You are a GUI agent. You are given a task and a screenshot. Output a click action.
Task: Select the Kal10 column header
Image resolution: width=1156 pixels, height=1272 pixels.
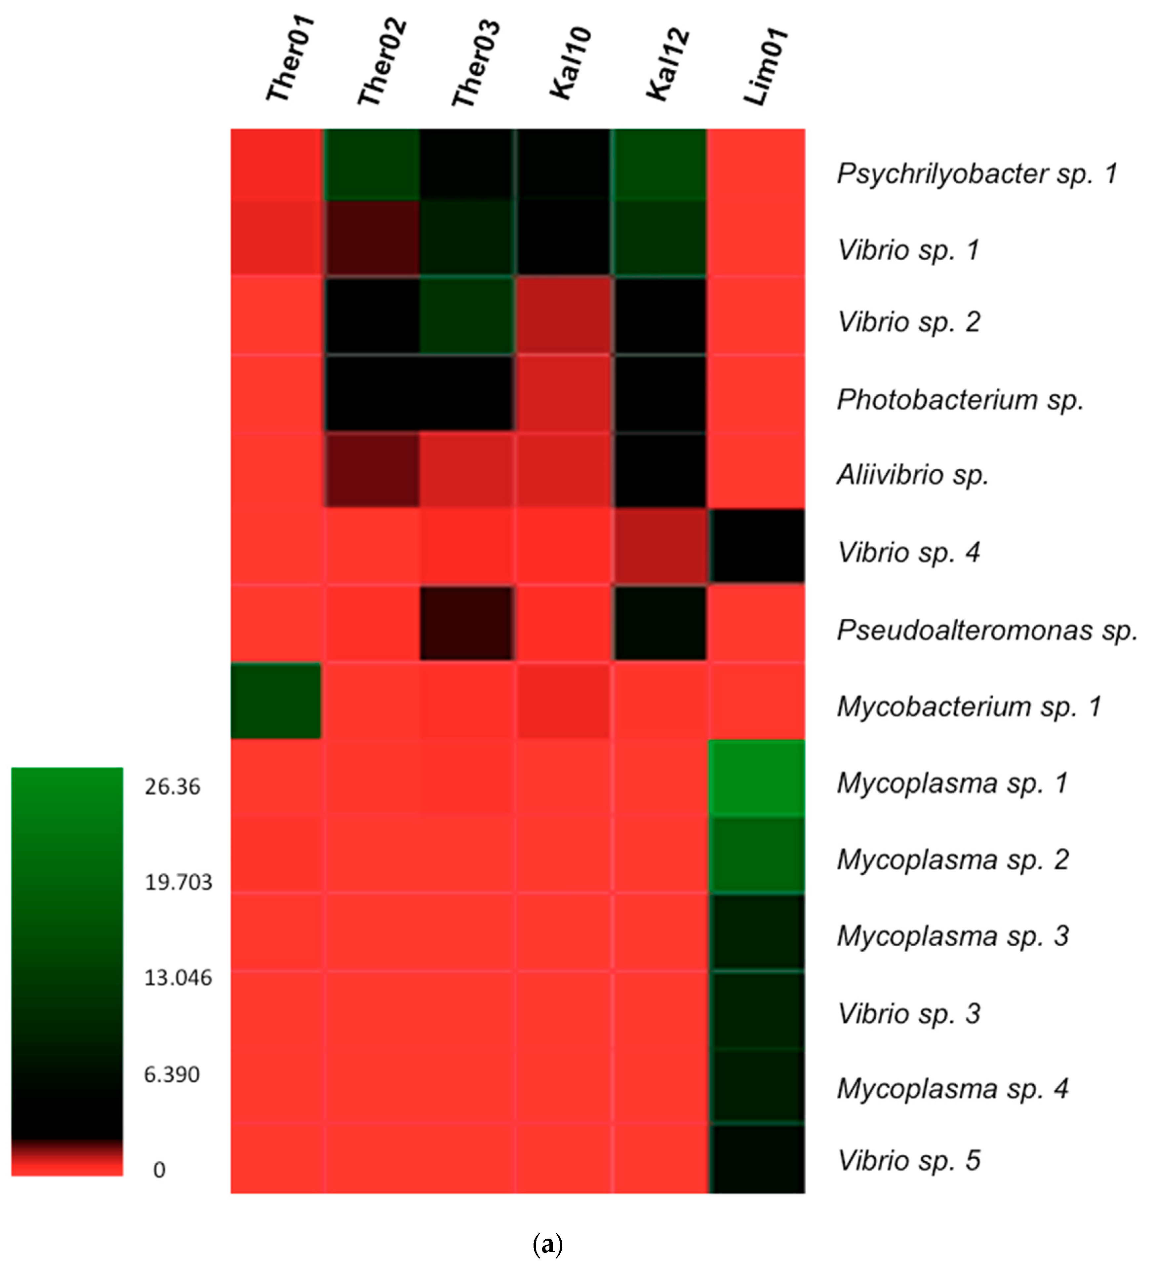tap(571, 63)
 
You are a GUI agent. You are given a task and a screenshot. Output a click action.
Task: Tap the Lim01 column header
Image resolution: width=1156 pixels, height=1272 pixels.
tap(765, 66)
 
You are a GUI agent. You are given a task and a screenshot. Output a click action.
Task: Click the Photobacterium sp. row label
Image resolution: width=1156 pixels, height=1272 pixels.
tap(960, 399)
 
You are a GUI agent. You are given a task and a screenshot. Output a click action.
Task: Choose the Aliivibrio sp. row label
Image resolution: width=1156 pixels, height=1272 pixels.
tap(912, 475)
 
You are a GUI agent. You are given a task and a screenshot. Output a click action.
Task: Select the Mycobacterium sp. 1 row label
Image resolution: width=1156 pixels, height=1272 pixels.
tap(969, 707)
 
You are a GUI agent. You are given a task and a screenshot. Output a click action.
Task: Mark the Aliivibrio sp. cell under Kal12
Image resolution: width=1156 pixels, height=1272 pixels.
tap(659, 470)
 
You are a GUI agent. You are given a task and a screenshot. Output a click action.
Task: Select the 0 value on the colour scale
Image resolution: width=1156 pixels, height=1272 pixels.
tap(159, 1170)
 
